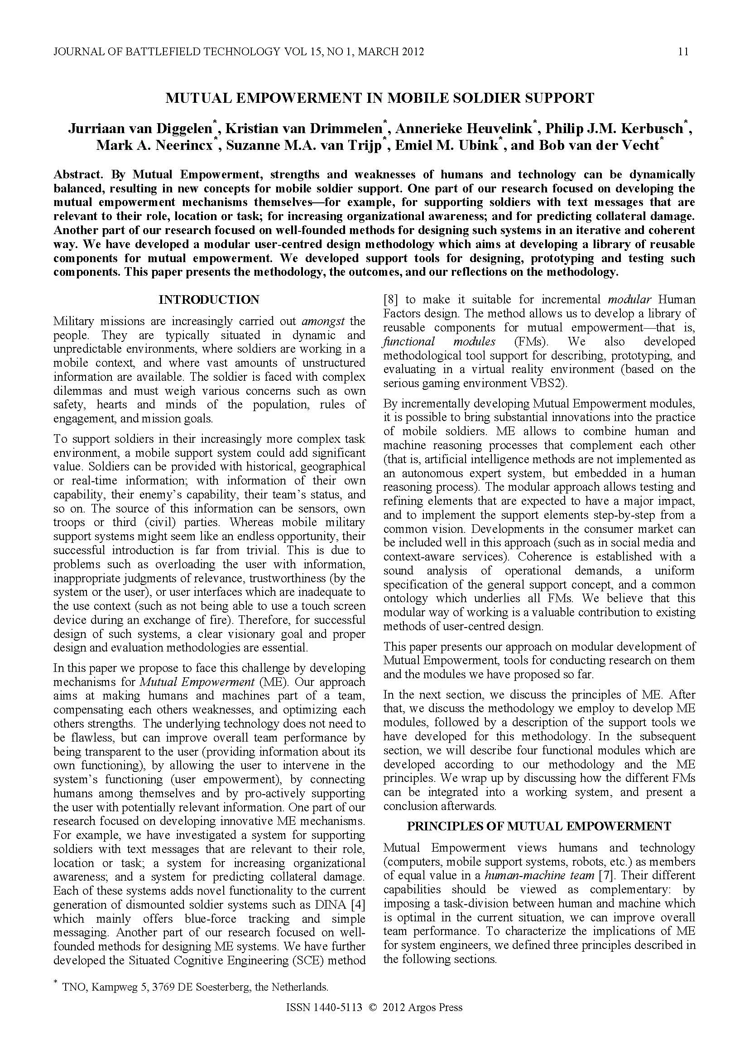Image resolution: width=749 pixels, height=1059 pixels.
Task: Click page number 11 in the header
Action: pos(683,52)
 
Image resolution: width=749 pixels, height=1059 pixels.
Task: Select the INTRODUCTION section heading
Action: pos(209,300)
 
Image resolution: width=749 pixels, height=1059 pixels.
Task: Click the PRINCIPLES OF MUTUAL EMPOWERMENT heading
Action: pos(539,826)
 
